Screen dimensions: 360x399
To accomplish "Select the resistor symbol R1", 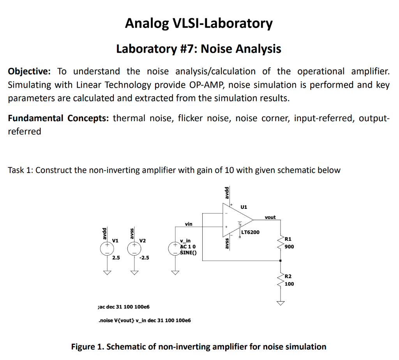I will click(x=281, y=244).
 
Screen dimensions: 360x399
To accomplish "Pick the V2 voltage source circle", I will click(x=134, y=248).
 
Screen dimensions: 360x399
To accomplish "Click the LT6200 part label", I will click(x=251, y=233).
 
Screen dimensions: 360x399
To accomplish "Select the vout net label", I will click(x=270, y=217).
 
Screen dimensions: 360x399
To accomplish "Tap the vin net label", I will click(x=189, y=224).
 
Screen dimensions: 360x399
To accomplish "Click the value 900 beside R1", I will click(x=289, y=247).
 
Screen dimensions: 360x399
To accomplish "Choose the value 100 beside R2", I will click(x=289, y=284).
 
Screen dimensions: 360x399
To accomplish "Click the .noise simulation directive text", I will click(x=144, y=320).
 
